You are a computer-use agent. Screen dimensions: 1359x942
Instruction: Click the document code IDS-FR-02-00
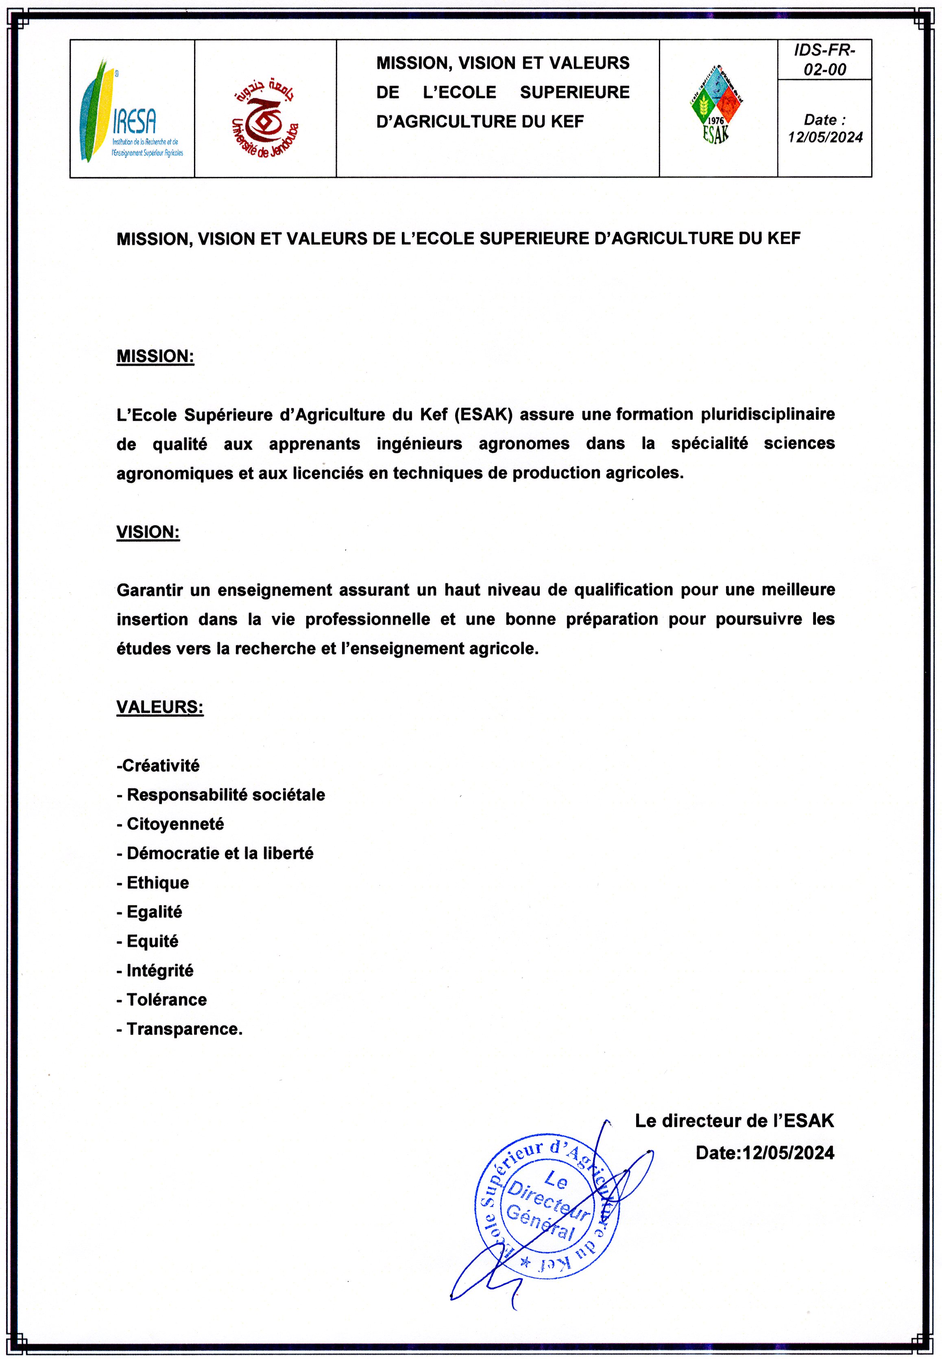click(824, 60)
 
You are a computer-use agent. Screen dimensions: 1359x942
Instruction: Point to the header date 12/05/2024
click(824, 137)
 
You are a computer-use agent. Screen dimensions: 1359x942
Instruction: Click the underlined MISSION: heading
click(155, 356)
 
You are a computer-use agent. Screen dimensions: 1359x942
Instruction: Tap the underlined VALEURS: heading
click(160, 707)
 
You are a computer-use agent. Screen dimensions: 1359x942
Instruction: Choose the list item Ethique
click(157, 883)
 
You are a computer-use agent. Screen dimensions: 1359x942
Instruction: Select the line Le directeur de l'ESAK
click(734, 1121)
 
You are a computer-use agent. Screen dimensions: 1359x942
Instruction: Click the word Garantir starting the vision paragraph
click(150, 590)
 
